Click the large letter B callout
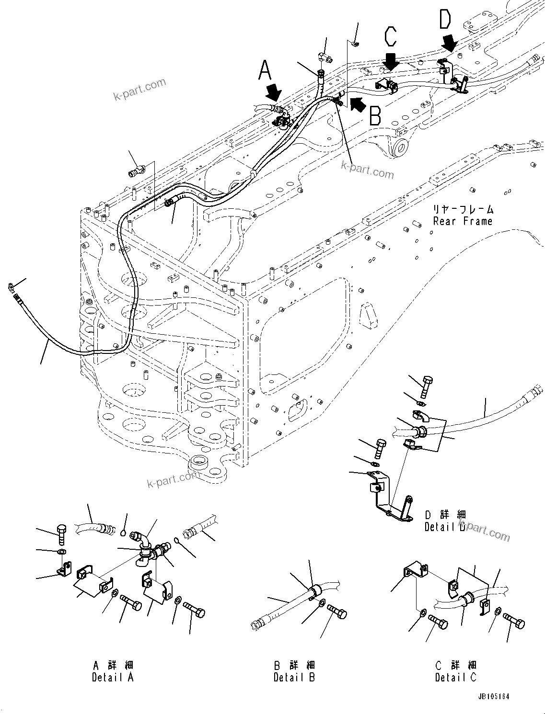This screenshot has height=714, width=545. pyautogui.click(x=375, y=115)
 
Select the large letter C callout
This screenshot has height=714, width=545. pyautogui.click(x=391, y=38)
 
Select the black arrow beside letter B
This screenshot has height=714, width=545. pyautogui.click(x=356, y=103)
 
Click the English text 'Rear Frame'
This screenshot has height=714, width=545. pyautogui.click(x=463, y=221)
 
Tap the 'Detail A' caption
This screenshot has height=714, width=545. pyautogui.click(x=113, y=677)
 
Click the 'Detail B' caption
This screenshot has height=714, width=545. pyautogui.click(x=294, y=677)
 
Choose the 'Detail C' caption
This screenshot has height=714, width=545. pyautogui.click(x=456, y=677)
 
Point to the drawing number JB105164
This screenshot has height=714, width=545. pyautogui.click(x=493, y=696)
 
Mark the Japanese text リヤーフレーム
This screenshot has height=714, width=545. pyautogui.click(x=463, y=209)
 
